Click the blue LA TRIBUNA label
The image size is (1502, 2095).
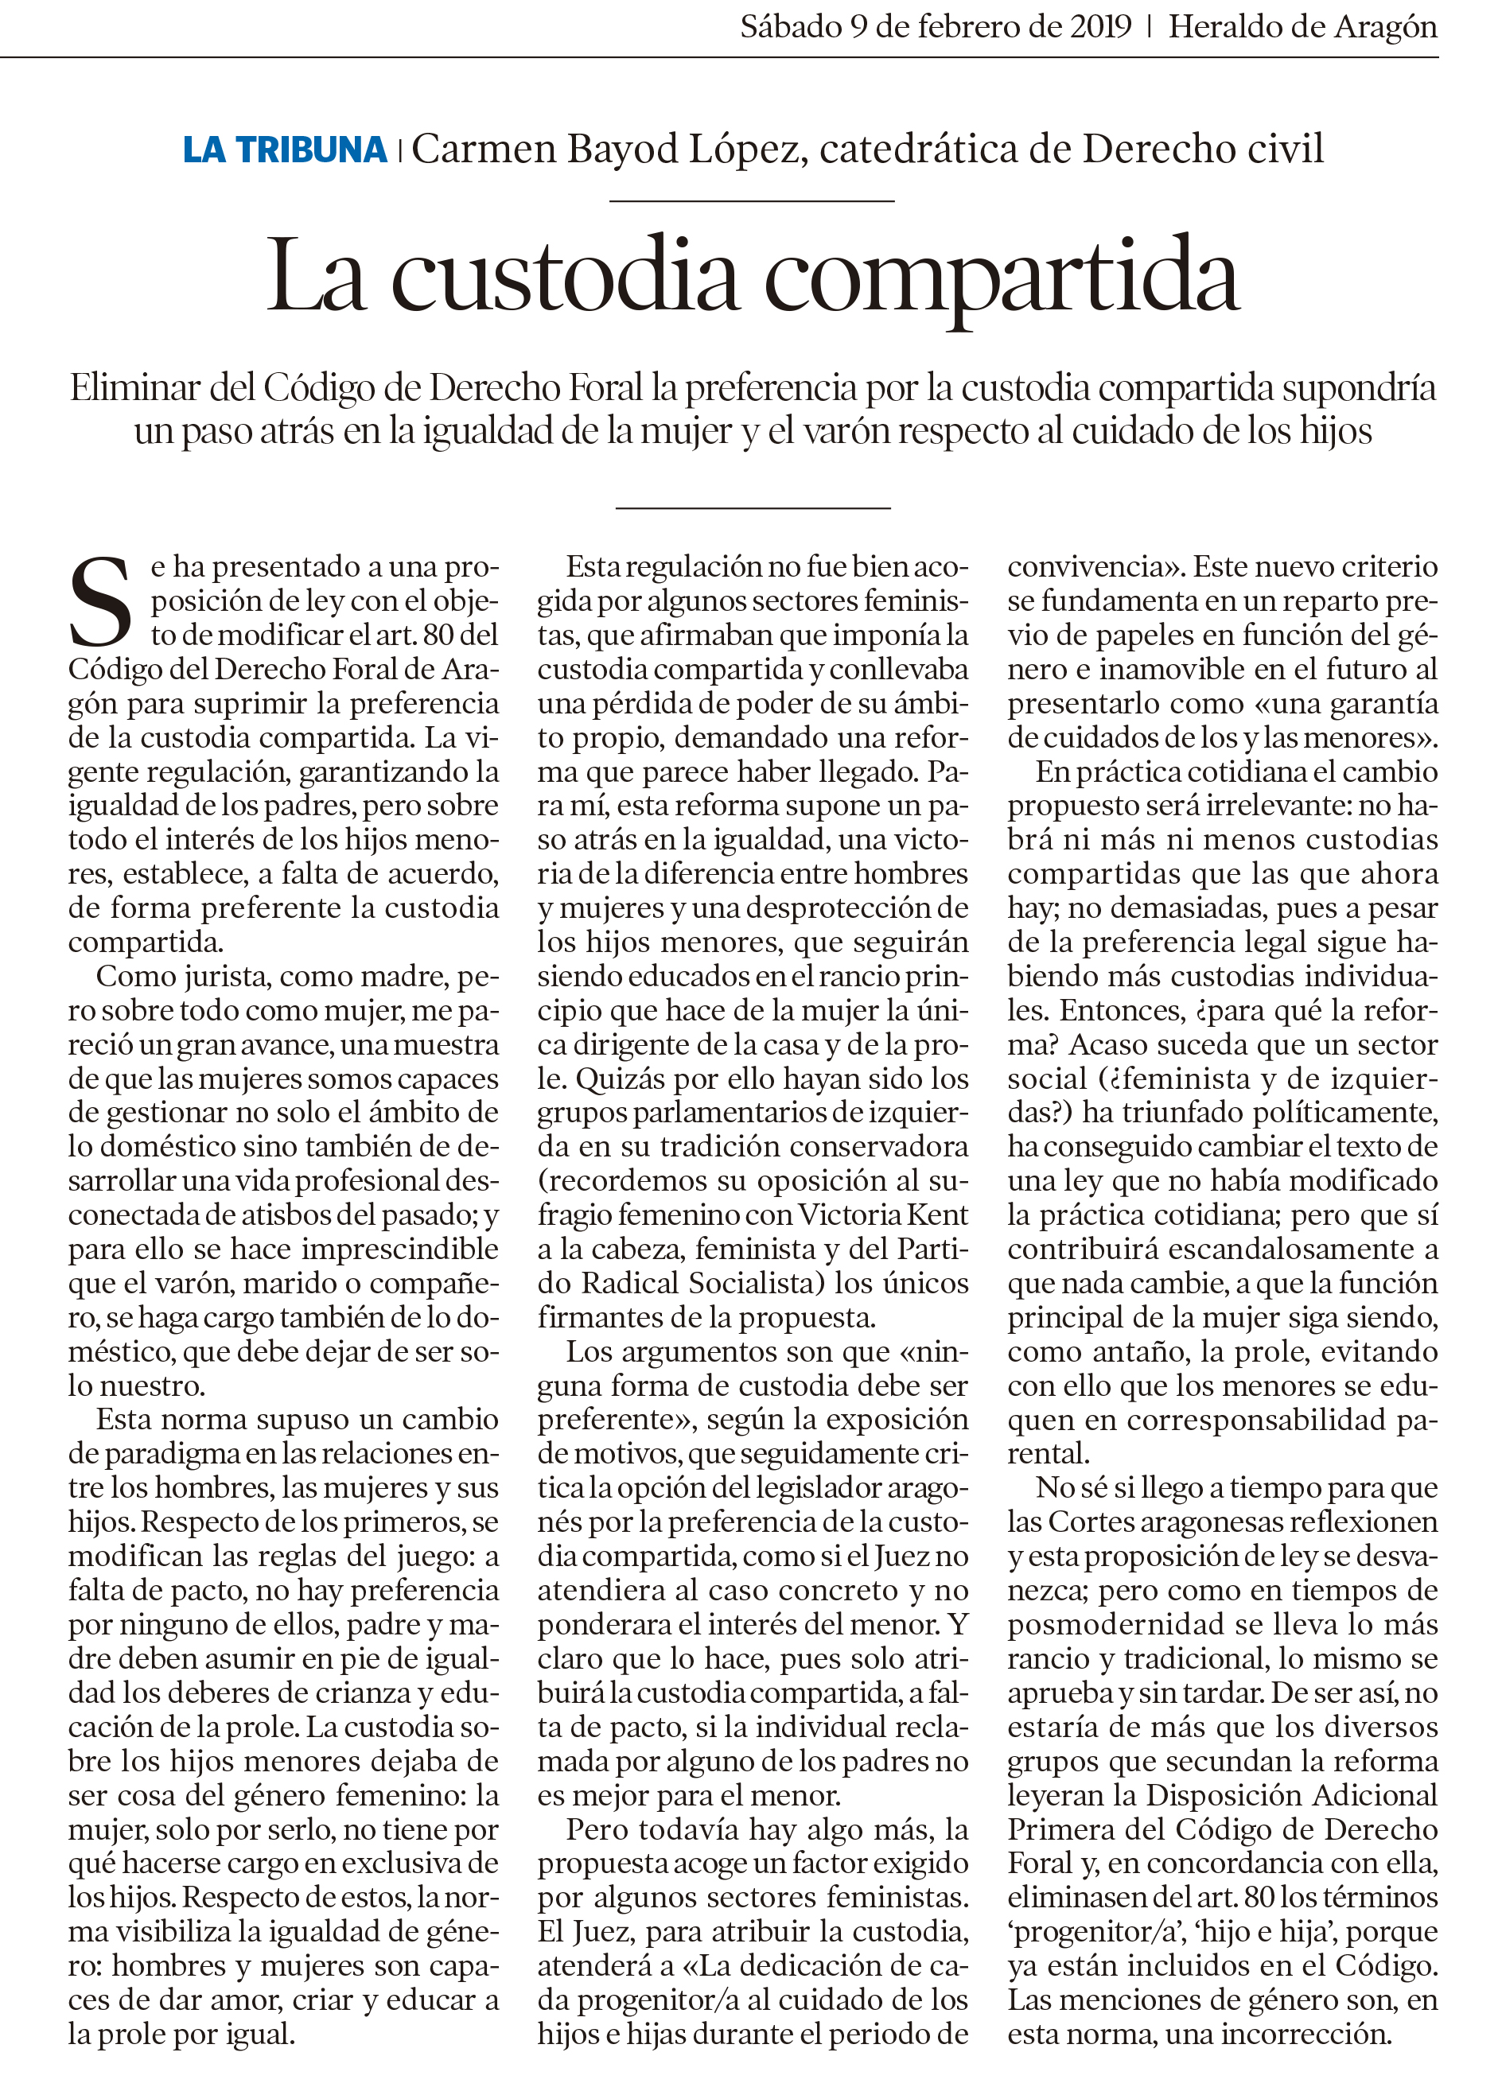(285, 150)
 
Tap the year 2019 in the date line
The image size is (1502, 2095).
(1100, 26)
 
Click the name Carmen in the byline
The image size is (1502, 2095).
(481, 150)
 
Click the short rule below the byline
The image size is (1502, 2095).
(752, 200)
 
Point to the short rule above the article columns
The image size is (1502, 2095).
(752, 508)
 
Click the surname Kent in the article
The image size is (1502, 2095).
(939, 1215)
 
